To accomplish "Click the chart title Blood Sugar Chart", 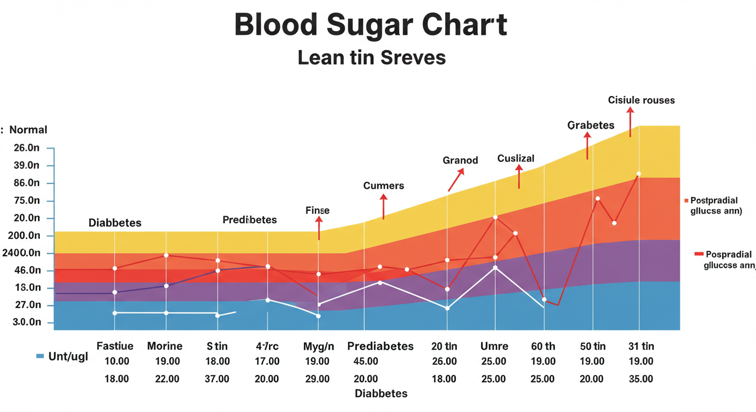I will tap(371, 26).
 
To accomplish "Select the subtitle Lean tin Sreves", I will tap(372, 57).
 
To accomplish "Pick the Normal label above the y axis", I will tap(28, 130).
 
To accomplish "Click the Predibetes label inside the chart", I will tap(250, 219).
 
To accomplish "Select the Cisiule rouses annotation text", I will tap(641, 100).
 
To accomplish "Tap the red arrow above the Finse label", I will tap(319, 228).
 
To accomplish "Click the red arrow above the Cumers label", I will tap(383, 206).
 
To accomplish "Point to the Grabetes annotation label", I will tap(591, 125).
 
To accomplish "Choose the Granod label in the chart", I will tap(460, 160).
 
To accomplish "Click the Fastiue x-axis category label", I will tap(115, 346).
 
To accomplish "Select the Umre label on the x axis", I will tap(494, 346).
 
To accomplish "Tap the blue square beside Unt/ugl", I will tap(40, 356).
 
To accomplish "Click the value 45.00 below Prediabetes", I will tap(366, 361).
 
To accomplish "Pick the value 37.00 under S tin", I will tap(217, 379).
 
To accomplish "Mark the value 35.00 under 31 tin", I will tap(641, 379).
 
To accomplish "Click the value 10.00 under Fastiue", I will tap(117, 361).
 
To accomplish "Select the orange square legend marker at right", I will tap(686, 200).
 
